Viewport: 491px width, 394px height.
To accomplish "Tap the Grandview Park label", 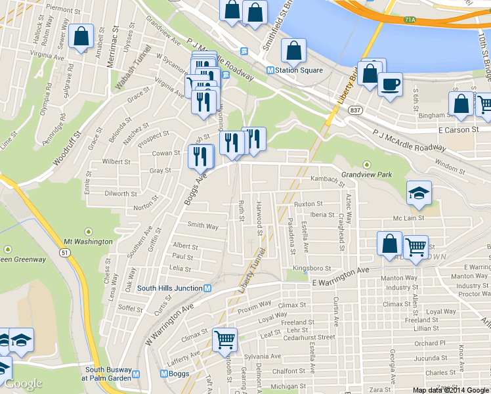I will coord(366,175).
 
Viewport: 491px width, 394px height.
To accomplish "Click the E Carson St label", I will coord(454,130).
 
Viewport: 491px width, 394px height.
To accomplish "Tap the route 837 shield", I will coord(355,109).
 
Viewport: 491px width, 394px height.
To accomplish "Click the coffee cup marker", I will coord(390,85).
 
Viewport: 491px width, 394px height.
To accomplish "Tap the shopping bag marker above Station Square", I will coord(293,50).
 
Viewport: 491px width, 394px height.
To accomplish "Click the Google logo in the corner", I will coord(23,383).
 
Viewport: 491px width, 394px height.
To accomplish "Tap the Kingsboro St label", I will coord(312,268).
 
